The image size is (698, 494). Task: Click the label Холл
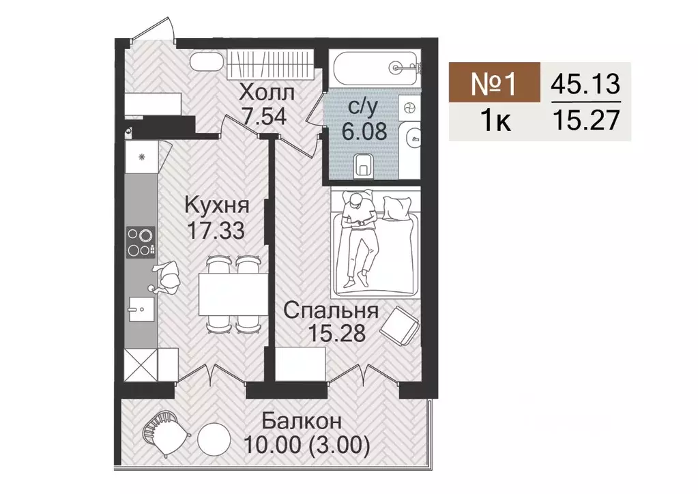(267, 91)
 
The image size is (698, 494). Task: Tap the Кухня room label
(217, 205)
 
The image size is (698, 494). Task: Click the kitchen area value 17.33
(217, 229)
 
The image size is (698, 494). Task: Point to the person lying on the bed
(359, 235)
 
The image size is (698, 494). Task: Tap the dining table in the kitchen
(230, 293)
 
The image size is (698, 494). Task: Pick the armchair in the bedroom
(398, 326)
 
